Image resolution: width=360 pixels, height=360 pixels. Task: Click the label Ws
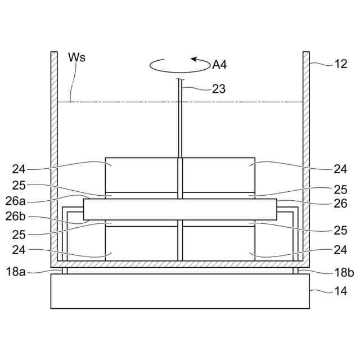click(x=77, y=57)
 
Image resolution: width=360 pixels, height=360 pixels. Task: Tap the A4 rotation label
click(x=219, y=65)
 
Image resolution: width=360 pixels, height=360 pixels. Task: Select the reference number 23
click(x=219, y=89)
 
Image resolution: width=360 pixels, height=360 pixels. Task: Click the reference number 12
click(x=341, y=64)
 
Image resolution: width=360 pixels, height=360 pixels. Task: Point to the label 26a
click(x=15, y=201)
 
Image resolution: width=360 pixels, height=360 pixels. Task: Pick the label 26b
click(x=15, y=216)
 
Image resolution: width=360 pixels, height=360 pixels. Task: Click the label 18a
click(x=16, y=272)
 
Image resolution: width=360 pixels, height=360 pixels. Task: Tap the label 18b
click(x=344, y=272)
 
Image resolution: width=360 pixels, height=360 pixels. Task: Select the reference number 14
click(x=341, y=291)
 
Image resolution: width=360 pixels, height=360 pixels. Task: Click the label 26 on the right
click(x=341, y=204)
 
